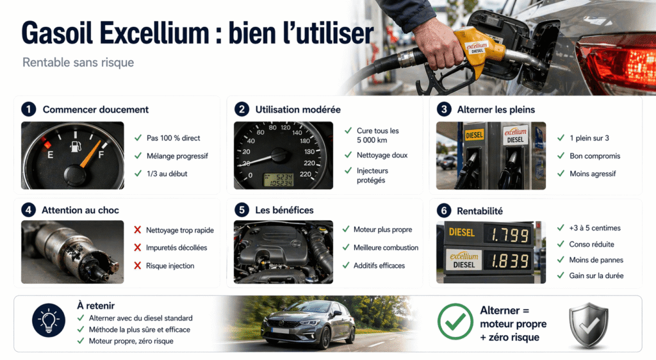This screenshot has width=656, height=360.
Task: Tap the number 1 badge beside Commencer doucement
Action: tap(28, 109)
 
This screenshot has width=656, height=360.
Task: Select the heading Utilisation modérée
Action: tap(298, 110)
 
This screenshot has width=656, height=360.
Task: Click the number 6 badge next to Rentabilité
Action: tap(444, 211)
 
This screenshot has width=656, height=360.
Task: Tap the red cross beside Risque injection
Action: tap(137, 266)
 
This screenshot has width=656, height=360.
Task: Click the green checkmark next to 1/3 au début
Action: tap(138, 174)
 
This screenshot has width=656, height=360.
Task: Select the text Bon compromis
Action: tap(595, 156)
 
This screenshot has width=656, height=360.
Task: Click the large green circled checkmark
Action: tap(455, 321)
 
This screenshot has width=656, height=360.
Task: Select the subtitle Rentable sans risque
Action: tap(78, 63)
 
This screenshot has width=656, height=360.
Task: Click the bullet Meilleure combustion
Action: tap(386, 247)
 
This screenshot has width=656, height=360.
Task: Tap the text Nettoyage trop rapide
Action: tap(180, 230)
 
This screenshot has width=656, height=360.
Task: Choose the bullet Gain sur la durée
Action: tap(596, 275)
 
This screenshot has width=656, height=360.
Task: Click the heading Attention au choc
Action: tap(81, 210)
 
